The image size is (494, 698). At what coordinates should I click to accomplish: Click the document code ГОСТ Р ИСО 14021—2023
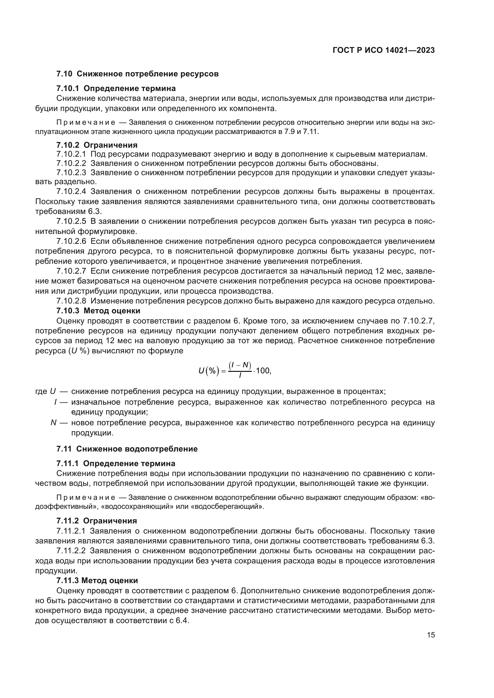[383, 50]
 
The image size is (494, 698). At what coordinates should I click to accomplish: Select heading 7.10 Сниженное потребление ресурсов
[137, 74]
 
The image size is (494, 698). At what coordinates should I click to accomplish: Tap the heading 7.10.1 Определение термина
[116, 88]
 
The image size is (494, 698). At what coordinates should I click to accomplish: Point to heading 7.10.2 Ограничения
[97, 145]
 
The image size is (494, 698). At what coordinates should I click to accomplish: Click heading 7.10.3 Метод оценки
[98, 311]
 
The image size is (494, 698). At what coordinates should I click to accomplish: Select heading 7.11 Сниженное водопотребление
[127, 449]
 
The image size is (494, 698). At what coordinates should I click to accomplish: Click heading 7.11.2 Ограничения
[96, 521]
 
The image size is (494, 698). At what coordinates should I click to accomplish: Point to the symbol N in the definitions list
[53, 423]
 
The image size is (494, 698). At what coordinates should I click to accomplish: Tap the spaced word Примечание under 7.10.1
[85, 123]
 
